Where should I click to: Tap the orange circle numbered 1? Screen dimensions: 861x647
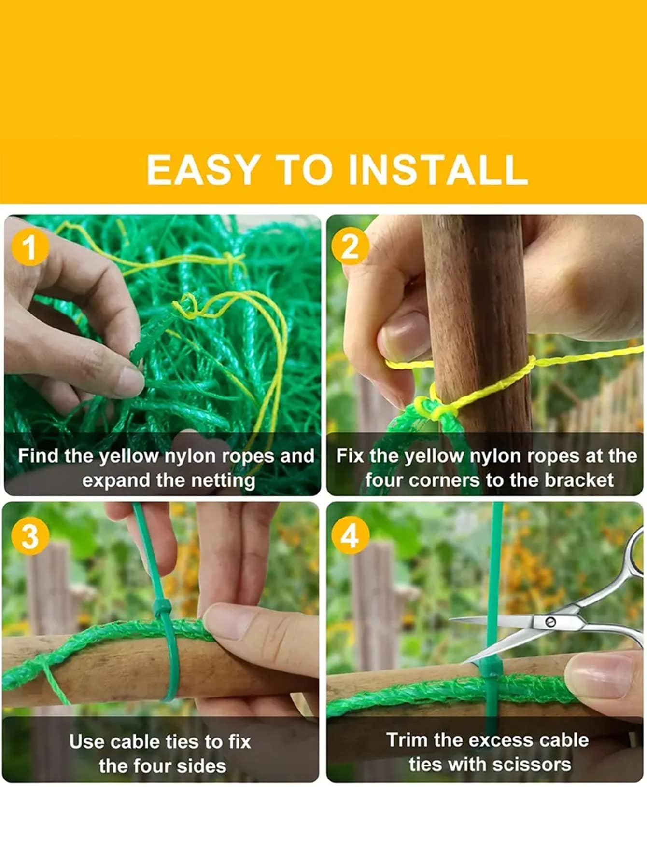click(x=30, y=247)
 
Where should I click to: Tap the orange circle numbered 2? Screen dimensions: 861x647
click(x=350, y=246)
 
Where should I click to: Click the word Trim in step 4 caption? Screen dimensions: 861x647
click(x=407, y=740)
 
